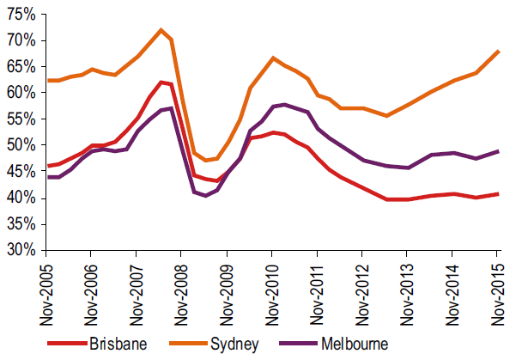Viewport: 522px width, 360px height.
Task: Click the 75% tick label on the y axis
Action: (20, 15)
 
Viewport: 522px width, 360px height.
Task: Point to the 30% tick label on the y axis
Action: (20, 251)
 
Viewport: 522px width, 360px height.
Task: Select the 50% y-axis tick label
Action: (20, 145)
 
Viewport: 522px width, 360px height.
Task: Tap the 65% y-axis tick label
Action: (20, 67)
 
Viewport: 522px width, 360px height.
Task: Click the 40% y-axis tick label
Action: (20, 198)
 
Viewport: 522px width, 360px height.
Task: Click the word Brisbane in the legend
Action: (116, 345)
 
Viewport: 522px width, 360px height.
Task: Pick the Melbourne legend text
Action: (355, 345)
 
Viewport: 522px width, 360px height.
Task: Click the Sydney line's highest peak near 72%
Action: (161, 30)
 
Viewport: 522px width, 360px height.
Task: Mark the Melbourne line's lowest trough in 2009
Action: (205, 196)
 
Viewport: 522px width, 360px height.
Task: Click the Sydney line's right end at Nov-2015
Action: (498, 52)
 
